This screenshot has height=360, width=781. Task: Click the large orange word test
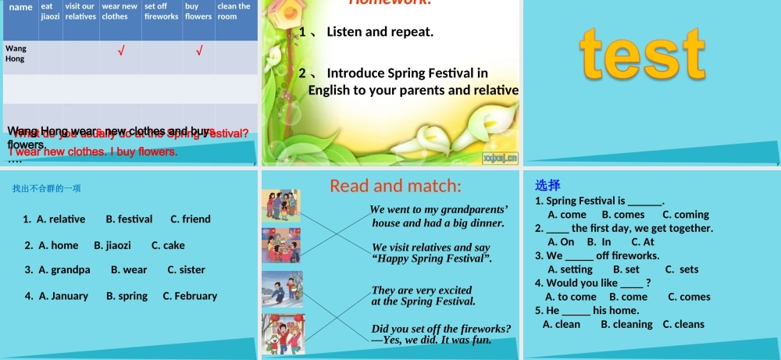(643, 54)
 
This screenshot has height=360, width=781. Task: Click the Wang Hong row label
(16, 54)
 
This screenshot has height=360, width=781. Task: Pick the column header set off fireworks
(161, 11)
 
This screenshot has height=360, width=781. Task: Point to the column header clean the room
(234, 11)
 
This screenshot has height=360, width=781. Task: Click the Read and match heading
(395, 186)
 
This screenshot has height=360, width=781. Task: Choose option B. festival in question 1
(129, 219)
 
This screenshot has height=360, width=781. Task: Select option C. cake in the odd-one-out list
(168, 245)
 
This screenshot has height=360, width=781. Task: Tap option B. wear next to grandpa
(129, 270)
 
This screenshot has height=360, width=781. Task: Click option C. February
(190, 296)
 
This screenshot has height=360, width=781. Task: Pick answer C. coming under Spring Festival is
(686, 215)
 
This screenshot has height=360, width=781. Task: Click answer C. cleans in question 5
(683, 324)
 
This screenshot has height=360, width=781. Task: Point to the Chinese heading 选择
(547, 186)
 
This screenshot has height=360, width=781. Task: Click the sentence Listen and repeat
(380, 32)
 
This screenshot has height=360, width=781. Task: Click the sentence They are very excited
(422, 290)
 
